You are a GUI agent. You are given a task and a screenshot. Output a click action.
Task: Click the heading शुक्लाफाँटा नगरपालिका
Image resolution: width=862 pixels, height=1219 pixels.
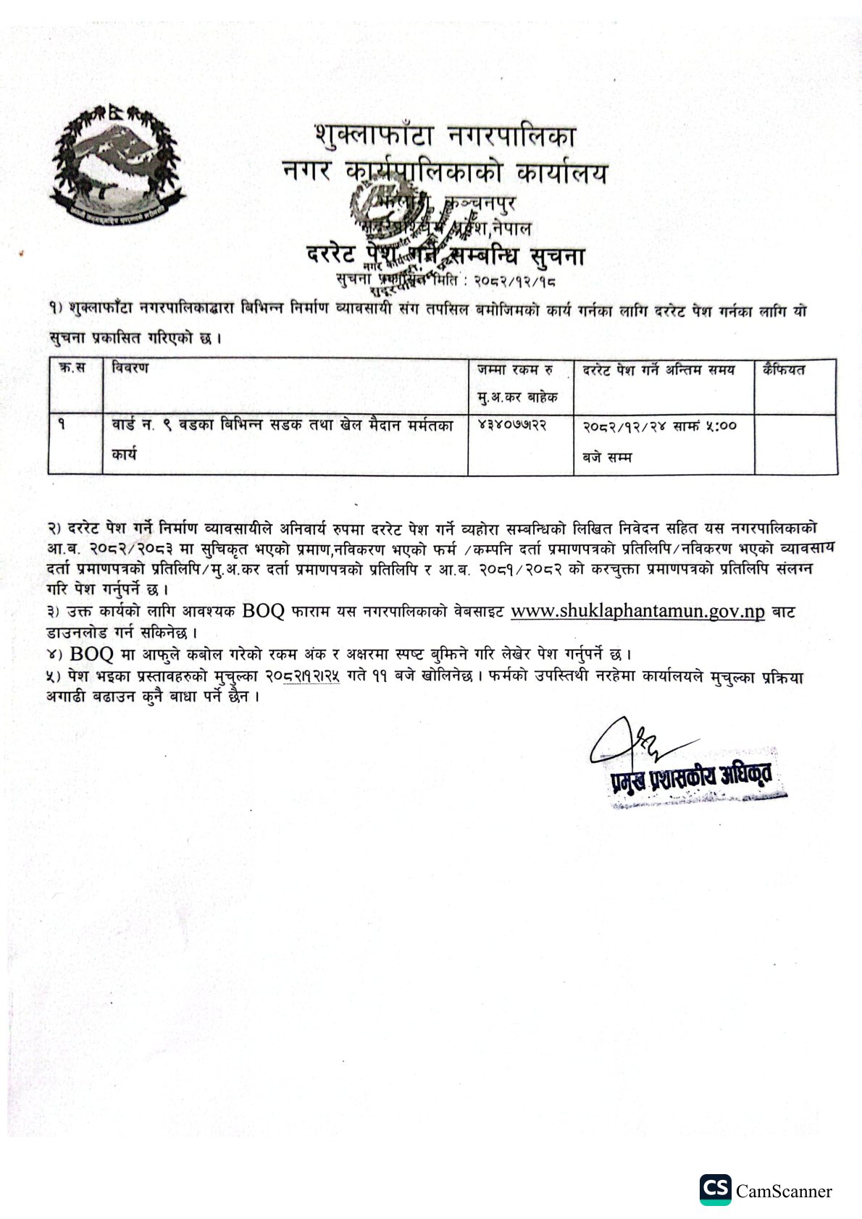click(x=445, y=135)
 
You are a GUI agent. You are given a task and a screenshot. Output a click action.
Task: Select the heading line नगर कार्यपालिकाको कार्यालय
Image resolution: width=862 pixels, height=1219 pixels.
click(x=445, y=173)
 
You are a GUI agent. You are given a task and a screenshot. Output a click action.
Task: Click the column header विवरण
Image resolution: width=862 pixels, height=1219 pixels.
click(x=130, y=368)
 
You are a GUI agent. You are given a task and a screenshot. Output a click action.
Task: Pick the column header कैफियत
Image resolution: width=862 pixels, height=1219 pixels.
click(x=783, y=370)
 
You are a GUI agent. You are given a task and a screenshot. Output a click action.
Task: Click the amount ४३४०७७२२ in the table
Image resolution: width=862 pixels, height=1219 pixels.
click(x=511, y=426)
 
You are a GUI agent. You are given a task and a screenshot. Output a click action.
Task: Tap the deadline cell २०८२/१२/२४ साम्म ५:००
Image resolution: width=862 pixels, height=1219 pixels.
click(x=659, y=426)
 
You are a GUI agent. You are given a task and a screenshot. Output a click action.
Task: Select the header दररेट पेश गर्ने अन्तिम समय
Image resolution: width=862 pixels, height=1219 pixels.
click(x=658, y=370)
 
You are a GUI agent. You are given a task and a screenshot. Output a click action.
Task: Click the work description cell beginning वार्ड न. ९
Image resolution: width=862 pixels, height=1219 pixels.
click(x=283, y=426)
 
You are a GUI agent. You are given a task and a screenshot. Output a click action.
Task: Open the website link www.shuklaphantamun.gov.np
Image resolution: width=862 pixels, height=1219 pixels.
click(x=637, y=611)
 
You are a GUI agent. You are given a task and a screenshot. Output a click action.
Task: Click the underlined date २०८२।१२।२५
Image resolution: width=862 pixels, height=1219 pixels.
click(x=302, y=677)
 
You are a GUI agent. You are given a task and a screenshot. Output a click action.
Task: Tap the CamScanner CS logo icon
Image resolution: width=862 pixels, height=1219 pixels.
click(x=715, y=1189)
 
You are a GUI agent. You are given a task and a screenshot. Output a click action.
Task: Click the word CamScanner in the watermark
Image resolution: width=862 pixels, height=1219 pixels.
click(x=784, y=1191)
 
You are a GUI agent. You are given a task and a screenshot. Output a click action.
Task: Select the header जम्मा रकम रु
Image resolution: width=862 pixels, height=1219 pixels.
click(x=514, y=370)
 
